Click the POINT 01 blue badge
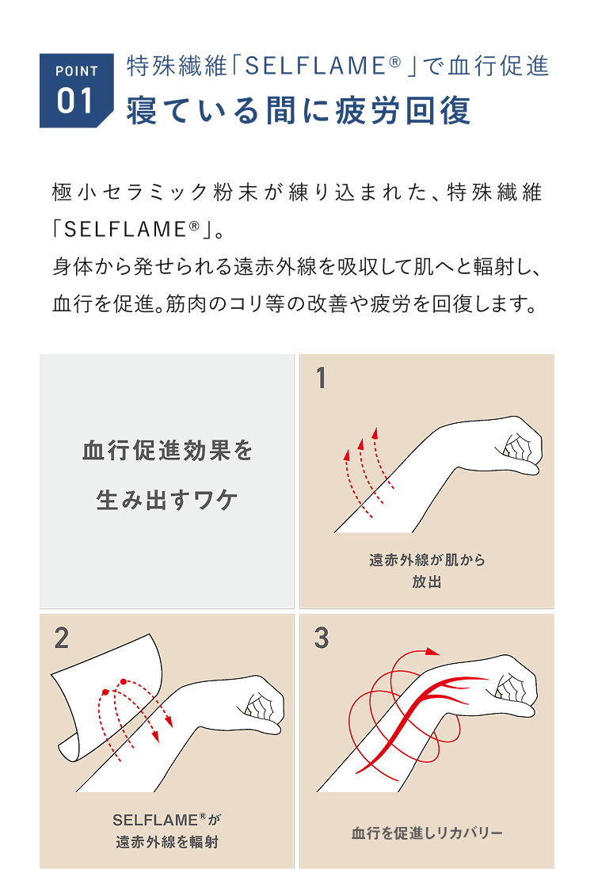pos(77,90)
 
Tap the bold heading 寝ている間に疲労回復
pos(299,110)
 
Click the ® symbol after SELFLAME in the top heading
pos(394,62)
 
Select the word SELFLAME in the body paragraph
pos(126,230)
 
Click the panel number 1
pos(321,379)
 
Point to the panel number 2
pos(62,638)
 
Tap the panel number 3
pos(322,638)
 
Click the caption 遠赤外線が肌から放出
pos(427,571)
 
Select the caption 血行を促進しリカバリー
pos(427,833)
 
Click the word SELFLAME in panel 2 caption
pos(155,820)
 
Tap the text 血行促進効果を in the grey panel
pos(167,451)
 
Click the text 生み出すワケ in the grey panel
pos(167,500)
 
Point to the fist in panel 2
pos(261,704)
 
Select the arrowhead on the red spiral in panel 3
pos(433,652)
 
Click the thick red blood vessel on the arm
pos(416,715)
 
